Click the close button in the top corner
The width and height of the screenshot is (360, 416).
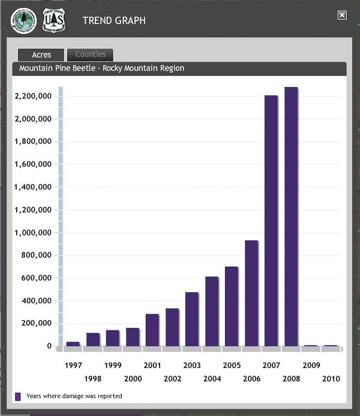(342, 16)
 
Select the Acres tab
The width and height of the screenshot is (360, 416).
(41, 55)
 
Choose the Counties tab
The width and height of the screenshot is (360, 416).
(90, 55)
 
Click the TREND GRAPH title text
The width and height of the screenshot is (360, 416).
(114, 21)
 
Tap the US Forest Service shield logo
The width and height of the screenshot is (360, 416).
(55, 20)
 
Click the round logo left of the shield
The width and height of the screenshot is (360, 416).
(24, 21)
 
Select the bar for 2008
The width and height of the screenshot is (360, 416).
(291, 216)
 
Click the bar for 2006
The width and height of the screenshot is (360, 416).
(251, 293)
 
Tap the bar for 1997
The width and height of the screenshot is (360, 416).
(73, 343)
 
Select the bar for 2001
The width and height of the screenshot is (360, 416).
(152, 330)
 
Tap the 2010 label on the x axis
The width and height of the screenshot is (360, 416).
(331, 379)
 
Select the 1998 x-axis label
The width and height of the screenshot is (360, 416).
(93, 379)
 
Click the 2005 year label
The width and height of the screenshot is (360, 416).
(232, 365)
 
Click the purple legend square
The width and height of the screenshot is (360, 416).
(18, 396)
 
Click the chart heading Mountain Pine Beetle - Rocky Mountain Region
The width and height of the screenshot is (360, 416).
(101, 68)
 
